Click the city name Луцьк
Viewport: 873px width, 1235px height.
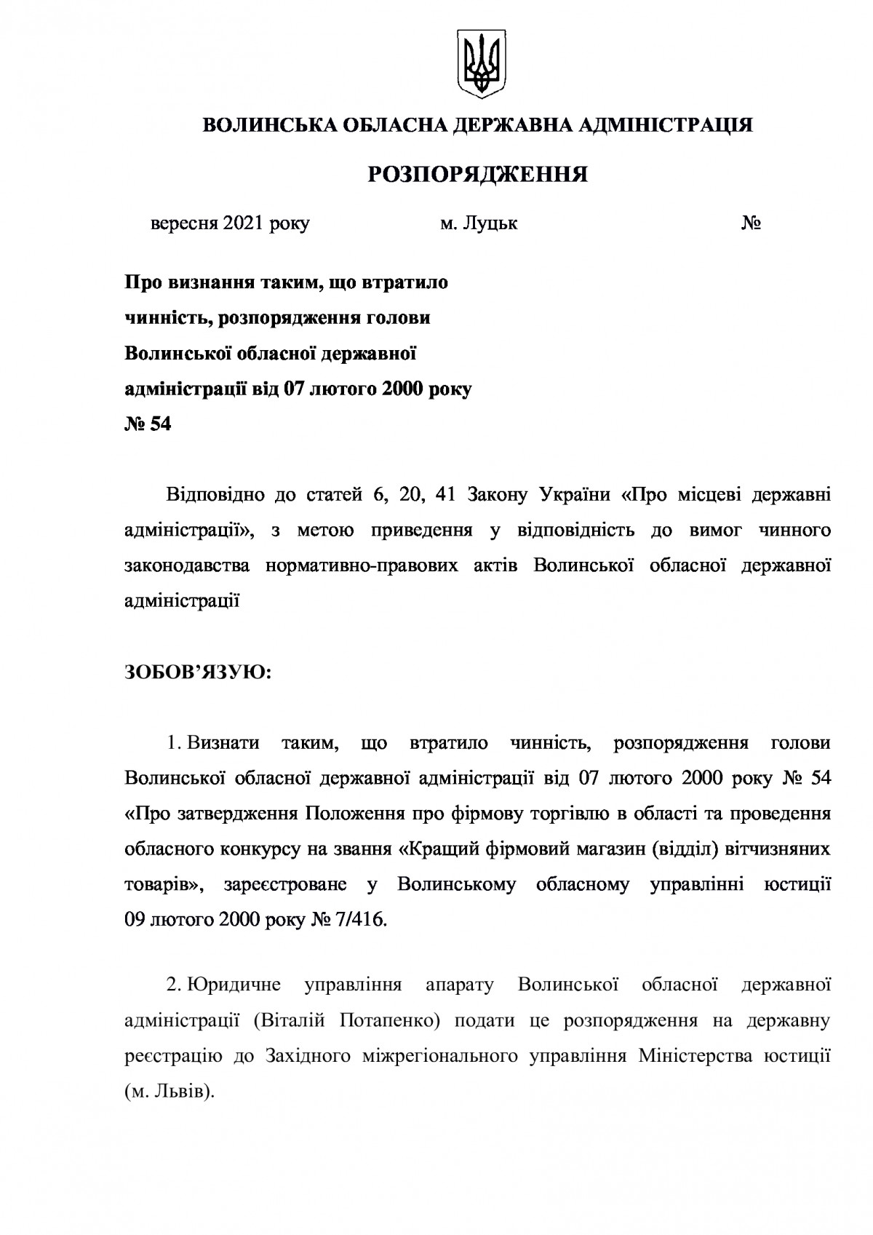pos(490,223)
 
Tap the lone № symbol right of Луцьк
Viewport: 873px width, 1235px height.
pos(752,223)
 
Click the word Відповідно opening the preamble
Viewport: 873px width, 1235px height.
pos(211,496)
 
